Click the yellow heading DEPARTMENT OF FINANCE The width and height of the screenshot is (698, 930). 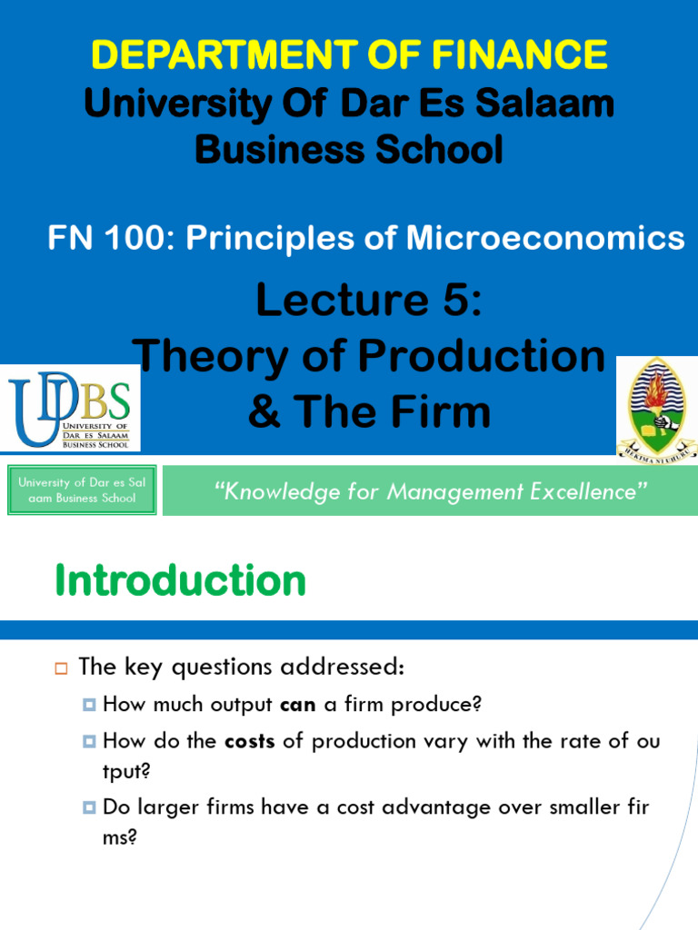point(349,54)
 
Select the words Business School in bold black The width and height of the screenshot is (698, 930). point(349,150)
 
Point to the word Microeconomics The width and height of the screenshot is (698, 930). point(545,238)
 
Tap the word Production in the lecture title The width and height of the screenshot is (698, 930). point(491,357)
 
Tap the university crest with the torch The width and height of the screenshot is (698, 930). point(656,406)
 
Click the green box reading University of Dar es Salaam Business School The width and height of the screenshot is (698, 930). point(82,490)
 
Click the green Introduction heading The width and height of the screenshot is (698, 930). point(180,580)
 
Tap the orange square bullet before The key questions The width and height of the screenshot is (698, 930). point(62,668)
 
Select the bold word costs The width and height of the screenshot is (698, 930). point(249,741)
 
